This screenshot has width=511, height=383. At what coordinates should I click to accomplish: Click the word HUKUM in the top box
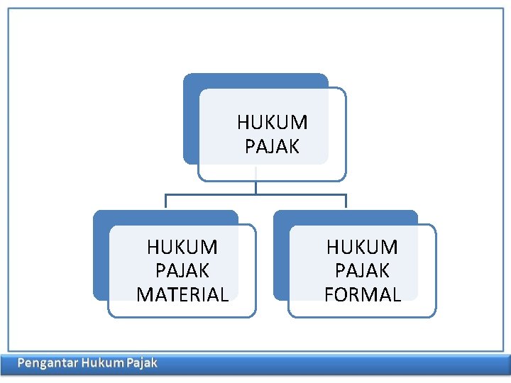[273, 123]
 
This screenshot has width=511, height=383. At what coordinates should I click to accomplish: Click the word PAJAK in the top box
[273, 147]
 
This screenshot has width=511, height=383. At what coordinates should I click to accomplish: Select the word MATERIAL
[182, 294]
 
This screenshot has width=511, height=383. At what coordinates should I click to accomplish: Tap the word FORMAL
[363, 294]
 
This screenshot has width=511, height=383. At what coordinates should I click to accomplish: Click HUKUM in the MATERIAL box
[182, 247]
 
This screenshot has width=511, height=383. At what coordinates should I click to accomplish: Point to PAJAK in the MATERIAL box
[182, 270]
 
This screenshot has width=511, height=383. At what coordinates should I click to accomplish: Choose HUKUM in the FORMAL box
[363, 247]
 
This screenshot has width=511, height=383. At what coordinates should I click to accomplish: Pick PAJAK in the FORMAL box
[363, 270]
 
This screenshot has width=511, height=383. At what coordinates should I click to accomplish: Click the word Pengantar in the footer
[47, 363]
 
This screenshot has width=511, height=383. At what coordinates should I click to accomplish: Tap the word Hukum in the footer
[102, 363]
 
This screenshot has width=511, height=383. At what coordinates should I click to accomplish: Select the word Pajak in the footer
[141, 363]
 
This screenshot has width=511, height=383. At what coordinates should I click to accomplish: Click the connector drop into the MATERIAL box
[165, 201]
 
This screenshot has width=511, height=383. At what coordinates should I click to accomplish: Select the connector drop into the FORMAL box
[346, 201]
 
